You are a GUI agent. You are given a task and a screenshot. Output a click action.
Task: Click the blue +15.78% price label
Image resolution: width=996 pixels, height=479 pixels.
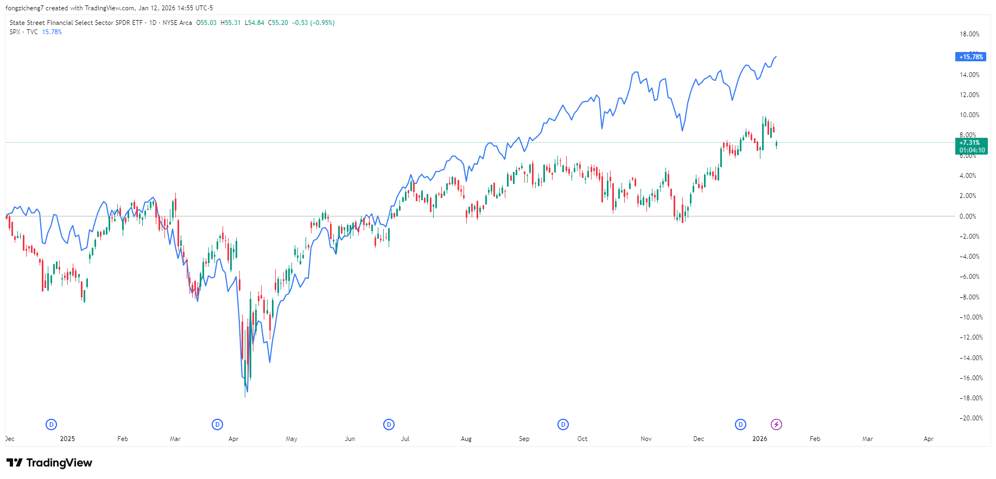(970, 57)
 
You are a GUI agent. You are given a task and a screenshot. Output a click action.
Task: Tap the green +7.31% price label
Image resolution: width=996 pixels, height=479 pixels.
(970, 143)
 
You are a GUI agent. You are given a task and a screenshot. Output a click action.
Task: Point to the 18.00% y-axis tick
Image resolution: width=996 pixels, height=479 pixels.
(969, 34)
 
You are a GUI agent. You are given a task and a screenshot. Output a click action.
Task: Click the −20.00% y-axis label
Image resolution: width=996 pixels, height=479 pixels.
(970, 418)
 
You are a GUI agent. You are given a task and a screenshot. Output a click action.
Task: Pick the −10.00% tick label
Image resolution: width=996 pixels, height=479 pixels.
(970, 317)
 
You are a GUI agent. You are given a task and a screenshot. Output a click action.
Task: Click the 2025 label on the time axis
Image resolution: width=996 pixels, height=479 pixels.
(67, 439)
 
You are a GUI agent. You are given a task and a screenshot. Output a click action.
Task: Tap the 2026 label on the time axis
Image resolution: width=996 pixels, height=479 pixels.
(759, 439)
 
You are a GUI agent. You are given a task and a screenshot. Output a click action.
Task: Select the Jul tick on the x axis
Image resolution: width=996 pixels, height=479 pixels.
(405, 439)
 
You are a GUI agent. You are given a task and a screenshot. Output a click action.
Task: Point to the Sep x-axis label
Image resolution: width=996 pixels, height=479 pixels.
(524, 439)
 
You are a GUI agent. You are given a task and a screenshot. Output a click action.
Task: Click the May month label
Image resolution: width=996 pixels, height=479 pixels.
(291, 439)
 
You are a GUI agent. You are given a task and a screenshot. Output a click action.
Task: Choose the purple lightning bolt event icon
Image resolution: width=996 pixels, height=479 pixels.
(776, 425)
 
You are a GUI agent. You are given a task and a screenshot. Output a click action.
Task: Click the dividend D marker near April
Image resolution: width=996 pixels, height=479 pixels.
(217, 425)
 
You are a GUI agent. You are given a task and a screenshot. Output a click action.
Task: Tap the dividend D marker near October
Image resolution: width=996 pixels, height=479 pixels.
(563, 425)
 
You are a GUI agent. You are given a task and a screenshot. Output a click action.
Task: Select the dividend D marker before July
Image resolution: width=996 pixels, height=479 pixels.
(389, 425)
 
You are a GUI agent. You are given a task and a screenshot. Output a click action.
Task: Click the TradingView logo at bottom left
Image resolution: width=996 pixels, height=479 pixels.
(49, 463)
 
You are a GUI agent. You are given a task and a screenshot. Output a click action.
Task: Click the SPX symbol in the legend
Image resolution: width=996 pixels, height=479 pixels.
(15, 32)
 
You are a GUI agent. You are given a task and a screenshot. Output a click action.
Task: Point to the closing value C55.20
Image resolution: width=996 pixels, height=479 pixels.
(278, 23)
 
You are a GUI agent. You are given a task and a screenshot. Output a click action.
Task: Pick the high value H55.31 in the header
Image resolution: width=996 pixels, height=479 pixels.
(230, 23)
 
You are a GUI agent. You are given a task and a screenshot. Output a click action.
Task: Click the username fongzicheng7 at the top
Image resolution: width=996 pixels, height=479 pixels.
(24, 8)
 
